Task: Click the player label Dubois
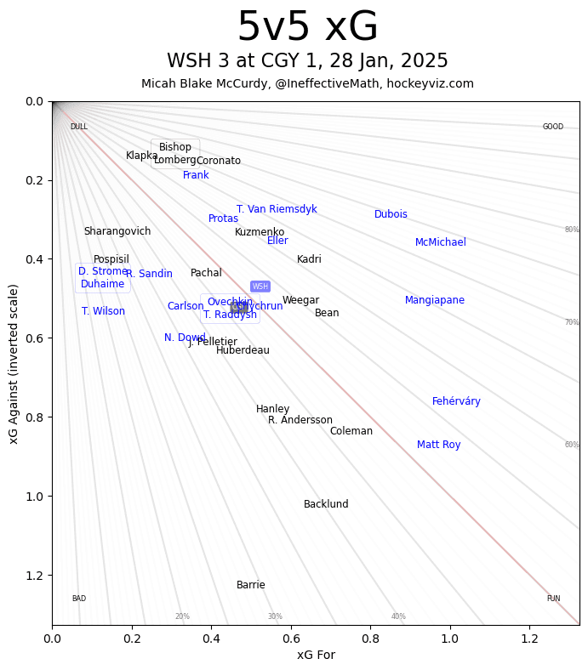point(391,214)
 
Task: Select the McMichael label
point(440,242)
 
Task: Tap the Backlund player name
point(326,504)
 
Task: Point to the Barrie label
point(250,585)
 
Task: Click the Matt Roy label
point(438,445)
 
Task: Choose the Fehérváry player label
point(456,401)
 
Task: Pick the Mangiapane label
point(434,300)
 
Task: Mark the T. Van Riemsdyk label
point(277,209)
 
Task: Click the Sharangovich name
point(117,231)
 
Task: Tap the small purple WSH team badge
point(260,287)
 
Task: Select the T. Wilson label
point(103,311)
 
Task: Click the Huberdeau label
point(243,350)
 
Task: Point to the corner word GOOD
point(553,127)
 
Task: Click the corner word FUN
point(553,599)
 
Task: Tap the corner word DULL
point(78,127)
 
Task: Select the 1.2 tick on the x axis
point(529,638)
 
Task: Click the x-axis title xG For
point(316,655)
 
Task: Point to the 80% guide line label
point(571,230)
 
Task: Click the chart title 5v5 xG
point(307,27)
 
